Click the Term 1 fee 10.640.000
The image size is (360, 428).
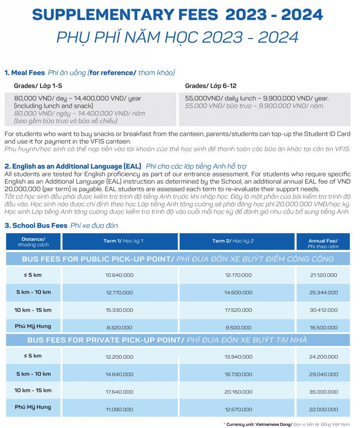coord(120,275)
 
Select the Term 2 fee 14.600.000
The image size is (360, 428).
coord(238,293)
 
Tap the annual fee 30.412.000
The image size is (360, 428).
coord(323,310)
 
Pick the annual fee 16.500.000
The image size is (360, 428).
coord(323,328)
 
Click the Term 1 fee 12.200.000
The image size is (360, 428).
coord(120,357)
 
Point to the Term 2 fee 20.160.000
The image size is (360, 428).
coord(238,392)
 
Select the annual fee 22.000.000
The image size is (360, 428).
coord(323,410)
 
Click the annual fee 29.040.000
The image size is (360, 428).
coord(323,374)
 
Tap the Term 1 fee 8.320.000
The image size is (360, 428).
coord(120,328)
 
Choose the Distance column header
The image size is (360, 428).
coord(33,242)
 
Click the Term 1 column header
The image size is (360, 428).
coord(123,241)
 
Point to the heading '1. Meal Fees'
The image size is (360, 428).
coord(25,73)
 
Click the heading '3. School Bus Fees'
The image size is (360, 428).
coord(36,226)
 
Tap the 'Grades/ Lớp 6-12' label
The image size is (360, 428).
coord(211,86)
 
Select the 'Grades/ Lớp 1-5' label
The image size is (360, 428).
coord(38,86)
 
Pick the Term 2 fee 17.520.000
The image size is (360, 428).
coord(238,310)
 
